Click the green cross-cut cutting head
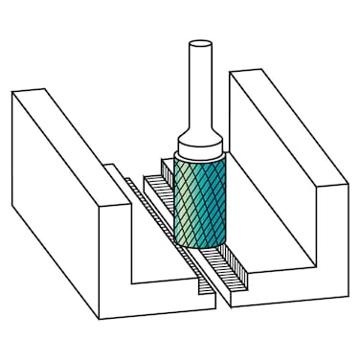[200, 201]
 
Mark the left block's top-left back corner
[14, 91]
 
